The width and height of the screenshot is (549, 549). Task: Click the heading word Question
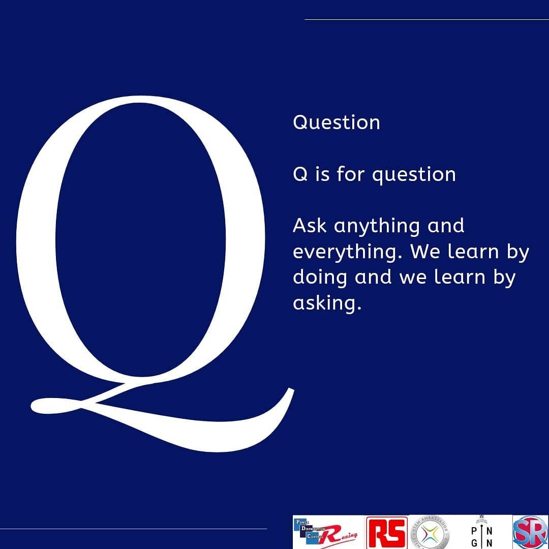point(336,123)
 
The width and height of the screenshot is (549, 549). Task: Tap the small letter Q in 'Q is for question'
point(300,174)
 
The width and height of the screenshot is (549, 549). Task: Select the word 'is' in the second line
point(322,174)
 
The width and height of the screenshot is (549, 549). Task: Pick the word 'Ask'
point(310,226)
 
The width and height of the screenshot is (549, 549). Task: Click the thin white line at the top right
point(426,20)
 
